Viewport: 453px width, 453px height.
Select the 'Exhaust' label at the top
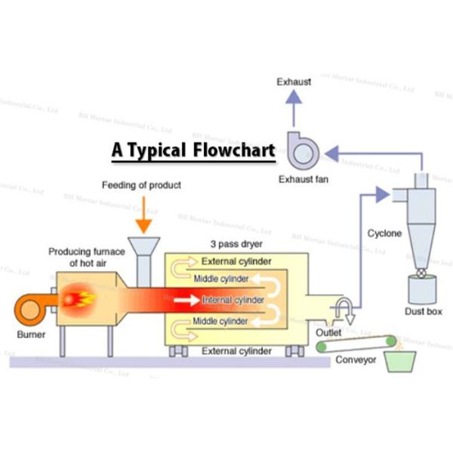[x=293, y=82]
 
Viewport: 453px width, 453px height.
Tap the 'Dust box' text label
[x=424, y=312]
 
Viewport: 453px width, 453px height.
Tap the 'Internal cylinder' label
[x=233, y=300]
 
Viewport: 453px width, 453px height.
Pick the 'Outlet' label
[x=329, y=332]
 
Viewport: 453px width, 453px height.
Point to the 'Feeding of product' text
[x=141, y=185]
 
